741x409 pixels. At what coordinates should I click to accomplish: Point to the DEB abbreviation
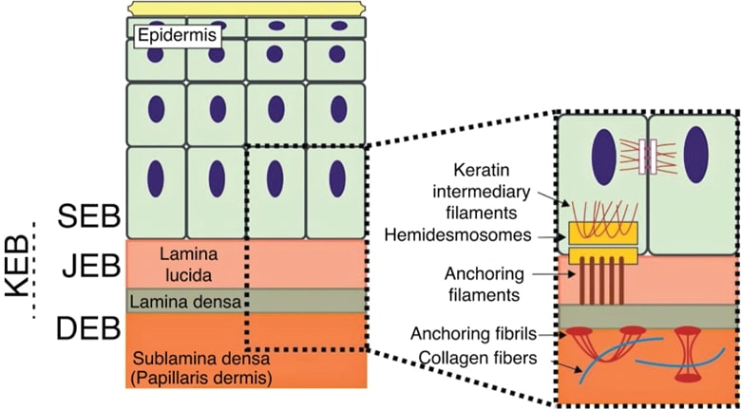click(x=88, y=328)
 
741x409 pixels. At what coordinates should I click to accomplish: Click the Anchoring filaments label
click(x=484, y=284)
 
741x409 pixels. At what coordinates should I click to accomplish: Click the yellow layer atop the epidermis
click(x=247, y=8)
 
